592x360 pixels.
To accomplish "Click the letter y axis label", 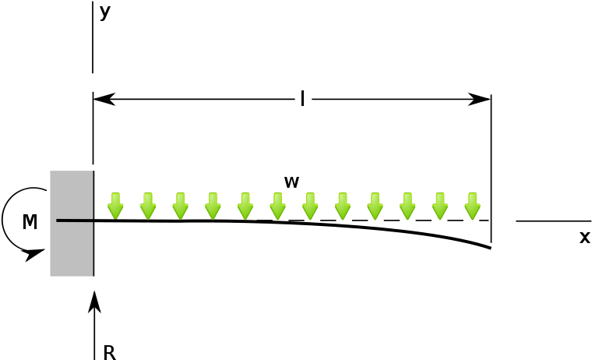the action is coord(104,12).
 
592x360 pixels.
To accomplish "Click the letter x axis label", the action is coord(584,237).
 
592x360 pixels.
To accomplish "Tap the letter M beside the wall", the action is coord(30,222).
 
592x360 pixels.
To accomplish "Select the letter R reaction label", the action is coord(109,352).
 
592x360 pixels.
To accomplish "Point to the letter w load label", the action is coord(291,182).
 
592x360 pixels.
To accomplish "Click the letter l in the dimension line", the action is coord(302,99).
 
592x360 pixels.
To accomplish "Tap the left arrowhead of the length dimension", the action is coord(104,99).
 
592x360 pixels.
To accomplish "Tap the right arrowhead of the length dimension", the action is coord(480,99).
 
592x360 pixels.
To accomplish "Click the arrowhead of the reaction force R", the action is coord(94,302).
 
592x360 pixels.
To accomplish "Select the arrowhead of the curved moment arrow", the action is coord(35,255).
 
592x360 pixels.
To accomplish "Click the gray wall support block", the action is coord(72,224).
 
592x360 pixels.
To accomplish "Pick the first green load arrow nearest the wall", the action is coord(115,206).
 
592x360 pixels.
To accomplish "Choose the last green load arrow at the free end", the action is coord(472,206).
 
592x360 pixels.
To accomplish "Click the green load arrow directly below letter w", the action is coord(277,206).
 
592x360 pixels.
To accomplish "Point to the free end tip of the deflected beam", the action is coord(490,248).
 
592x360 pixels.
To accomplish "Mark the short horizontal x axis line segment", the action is coord(554,221).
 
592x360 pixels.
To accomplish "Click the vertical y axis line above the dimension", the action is coord(93,37).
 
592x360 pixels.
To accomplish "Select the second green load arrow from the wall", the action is coord(148,206).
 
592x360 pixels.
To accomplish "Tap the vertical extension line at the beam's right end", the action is coord(492,168).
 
